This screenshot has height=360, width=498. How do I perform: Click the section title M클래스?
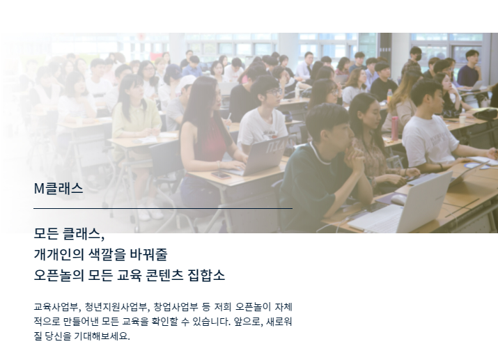tap(59, 189)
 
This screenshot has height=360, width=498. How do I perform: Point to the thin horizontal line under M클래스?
tap(162, 208)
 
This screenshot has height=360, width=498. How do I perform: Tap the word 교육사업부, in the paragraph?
tap(57, 306)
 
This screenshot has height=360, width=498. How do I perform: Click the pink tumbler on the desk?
tap(395, 126)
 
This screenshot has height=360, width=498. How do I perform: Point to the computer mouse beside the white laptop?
tap(398, 198)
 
